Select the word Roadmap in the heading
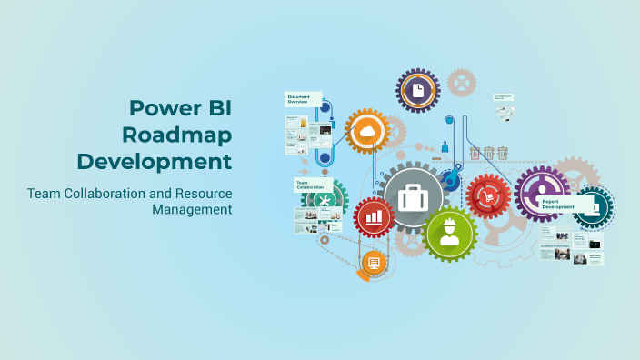tap(177, 135)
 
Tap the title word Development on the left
tap(155, 162)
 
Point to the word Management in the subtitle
tap(192, 210)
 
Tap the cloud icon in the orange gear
tap(368, 134)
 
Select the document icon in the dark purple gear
tap(417, 90)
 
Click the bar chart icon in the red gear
tap(374, 217)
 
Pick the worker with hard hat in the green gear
tap(449, 233)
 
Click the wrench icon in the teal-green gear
tap(322, 200)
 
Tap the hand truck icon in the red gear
tap(488, 195)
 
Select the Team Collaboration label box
tap(311, 185)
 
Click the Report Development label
tap(558, 205)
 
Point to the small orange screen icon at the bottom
tap(373, 262)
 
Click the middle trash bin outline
tap(489, 153)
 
